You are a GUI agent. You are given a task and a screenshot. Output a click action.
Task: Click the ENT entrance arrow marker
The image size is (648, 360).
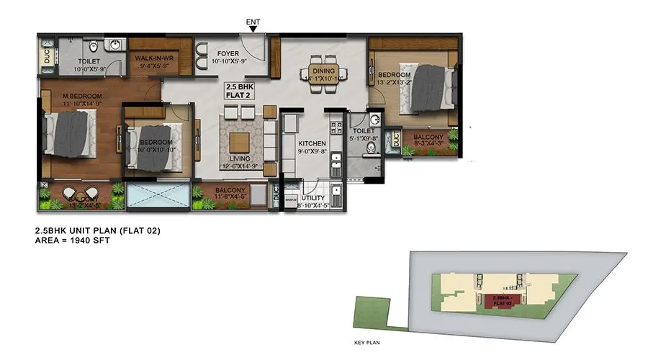253,29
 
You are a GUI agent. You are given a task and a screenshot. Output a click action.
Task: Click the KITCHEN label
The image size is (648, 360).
314,144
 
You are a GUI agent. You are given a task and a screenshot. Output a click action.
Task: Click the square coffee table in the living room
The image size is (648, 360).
240,138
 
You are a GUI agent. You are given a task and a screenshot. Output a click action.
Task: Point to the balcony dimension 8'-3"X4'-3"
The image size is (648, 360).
430,143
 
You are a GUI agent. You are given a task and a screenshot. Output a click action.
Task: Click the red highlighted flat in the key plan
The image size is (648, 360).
502,301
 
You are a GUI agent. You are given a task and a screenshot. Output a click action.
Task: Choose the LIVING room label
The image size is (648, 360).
239,161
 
